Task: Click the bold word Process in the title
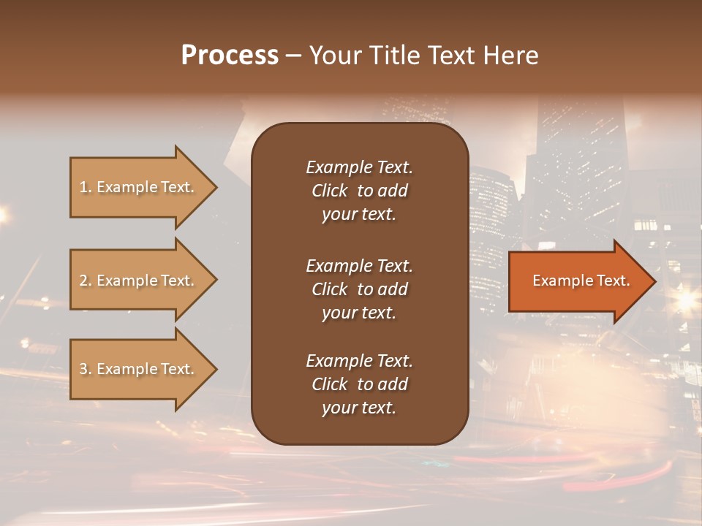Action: [230, 56]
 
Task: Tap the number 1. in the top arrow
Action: [86, 187]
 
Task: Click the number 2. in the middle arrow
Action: [86, 281]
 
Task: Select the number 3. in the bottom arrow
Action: [86, 369]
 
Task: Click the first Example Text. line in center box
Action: [359, 167]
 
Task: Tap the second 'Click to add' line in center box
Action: [359, 289]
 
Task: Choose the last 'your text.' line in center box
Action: [359, 408]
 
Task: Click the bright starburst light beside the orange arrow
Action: [685, 299]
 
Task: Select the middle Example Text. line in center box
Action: [359, 265]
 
